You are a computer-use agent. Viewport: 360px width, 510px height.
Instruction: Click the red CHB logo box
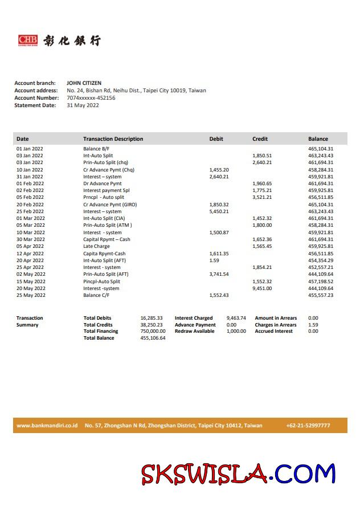(27, 40)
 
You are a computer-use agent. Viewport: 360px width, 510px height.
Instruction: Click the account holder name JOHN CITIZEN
(84, 83)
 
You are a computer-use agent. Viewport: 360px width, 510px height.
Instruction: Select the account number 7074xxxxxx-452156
(91, 98)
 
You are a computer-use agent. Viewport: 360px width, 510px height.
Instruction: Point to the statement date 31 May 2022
(83, 105)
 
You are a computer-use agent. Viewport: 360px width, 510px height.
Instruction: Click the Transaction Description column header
(113, 139)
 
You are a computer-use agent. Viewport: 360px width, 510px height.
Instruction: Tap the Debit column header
(216, 139)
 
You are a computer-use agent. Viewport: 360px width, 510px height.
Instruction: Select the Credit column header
(260, 139)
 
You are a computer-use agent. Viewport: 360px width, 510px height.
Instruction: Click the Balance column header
(318, 139)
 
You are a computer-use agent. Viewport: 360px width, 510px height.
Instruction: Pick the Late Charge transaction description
(96, 247)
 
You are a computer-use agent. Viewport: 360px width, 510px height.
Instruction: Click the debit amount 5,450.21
(219, 211)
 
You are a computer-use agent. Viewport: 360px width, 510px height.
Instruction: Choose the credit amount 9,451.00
(262, 288)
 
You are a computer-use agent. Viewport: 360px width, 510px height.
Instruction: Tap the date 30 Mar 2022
(30, 239)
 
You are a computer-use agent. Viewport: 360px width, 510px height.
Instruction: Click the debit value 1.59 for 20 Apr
(214, 260)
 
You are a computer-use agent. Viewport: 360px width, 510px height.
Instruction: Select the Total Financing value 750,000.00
(153, 331)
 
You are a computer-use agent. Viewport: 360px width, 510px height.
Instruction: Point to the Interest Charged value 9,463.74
(236, 318)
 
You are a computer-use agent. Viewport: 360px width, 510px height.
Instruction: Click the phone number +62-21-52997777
(308, 426)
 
